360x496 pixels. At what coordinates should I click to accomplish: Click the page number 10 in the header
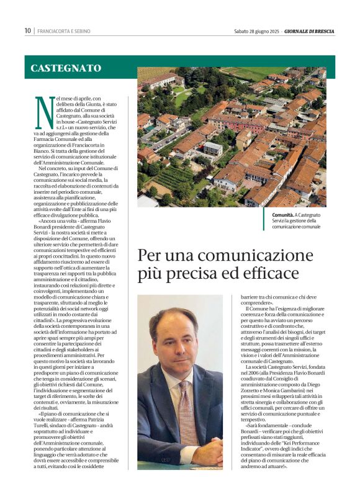[x=28, y=30]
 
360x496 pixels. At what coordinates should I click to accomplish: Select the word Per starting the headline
[x=149, y=255]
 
